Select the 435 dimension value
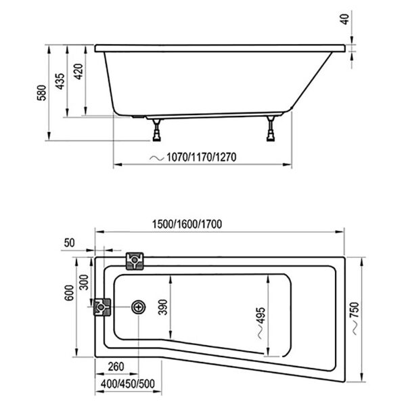click(60, 81)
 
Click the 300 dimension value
click(83, 282)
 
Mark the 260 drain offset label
click(117, 368)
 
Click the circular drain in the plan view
click(139, 307)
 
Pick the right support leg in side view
click(271, 129)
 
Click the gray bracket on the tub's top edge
click(135, 260)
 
